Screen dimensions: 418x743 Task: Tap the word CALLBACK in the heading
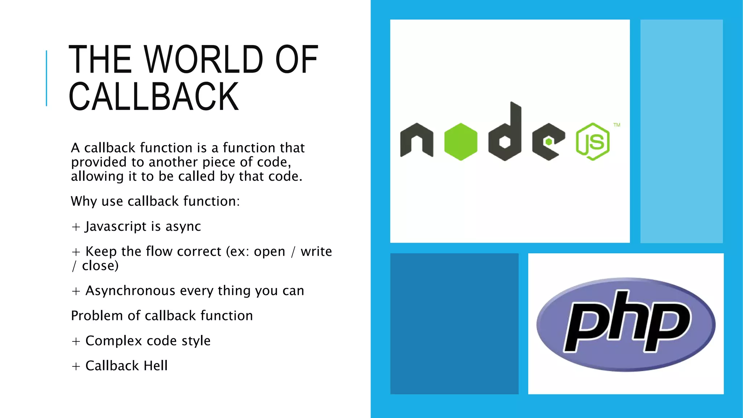(x=153, y=97)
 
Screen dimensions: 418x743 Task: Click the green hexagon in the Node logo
(x=461, y=142)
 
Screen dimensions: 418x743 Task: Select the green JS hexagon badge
(x=592, y=142)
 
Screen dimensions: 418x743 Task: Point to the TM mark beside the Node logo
(x=617, y=125)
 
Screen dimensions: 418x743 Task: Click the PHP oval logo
(x=626, y=324)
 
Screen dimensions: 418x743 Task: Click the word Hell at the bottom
(x=156, y=366)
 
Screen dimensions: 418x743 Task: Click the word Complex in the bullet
(x=114, y=341)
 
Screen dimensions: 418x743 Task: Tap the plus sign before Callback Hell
(x=76, y=366)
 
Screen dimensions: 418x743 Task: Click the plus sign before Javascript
(x=76, y=227)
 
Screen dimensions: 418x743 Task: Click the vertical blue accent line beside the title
(x=46, y=78)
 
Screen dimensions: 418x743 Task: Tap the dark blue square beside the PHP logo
(x=454, y=323)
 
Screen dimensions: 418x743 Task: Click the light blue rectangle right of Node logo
(x=681, y=131)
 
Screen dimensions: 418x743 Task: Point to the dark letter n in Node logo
(x=416, y=141)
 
